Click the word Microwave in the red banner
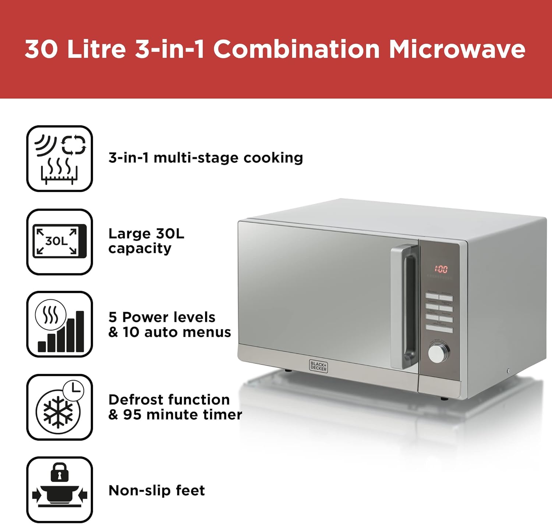457,49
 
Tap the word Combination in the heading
296,49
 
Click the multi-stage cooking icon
60,159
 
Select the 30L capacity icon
60,242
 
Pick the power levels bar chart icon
60,324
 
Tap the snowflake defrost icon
58,411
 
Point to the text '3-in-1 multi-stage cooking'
205,158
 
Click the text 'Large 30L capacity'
146,241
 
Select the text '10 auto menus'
177,332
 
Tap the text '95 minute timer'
183,415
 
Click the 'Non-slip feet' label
156,491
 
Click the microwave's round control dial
438,353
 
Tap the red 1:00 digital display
440,269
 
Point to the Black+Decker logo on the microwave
318,366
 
